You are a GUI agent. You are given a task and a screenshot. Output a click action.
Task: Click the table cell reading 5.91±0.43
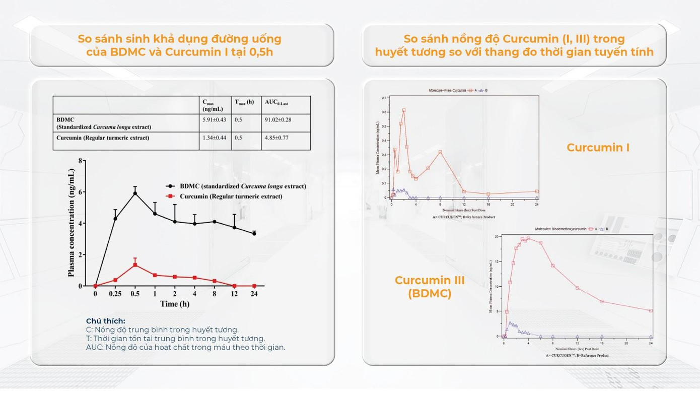click(x=214, y=120)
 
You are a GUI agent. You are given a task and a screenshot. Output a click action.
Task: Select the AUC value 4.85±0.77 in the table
click(x=276, y=138)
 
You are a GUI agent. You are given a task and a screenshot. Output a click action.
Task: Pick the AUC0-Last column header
click(x=276, y=102)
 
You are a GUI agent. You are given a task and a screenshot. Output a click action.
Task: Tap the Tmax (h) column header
click(x=244, y=102)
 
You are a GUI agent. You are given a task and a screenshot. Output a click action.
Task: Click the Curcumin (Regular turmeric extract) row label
click(x=103, y=138)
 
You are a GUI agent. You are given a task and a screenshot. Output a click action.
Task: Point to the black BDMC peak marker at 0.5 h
click(x=135, y=193)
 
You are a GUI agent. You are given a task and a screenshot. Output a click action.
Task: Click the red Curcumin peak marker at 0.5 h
click(x=135, y=265)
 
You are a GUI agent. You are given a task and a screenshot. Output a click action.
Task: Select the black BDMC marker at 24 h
click(x=254, y=233)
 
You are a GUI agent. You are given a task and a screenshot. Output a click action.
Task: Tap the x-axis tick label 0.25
click(x=115, y=294)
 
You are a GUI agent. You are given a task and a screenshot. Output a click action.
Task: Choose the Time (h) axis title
click(x=175, y=304)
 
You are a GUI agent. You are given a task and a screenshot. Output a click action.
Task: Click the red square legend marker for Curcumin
click(x=171, y=196)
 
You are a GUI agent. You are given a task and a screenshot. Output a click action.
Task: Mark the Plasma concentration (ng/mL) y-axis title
click(x=71, y=223)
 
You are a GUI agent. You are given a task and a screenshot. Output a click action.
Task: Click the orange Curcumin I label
click(x=598, y=148)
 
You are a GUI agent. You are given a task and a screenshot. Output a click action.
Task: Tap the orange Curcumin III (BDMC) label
click(x=430, y=287)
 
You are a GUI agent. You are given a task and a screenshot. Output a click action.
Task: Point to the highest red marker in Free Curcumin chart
click(x=404, y=110)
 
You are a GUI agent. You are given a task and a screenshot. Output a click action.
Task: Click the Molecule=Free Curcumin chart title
click(x=447, y=91)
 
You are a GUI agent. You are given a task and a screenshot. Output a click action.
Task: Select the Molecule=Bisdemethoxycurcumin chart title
click(x=561, y=229)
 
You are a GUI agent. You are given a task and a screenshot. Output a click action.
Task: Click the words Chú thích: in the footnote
click(x=106, y=321)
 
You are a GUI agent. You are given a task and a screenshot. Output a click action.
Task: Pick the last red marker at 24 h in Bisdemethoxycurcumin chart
click(x=651, y=311)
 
